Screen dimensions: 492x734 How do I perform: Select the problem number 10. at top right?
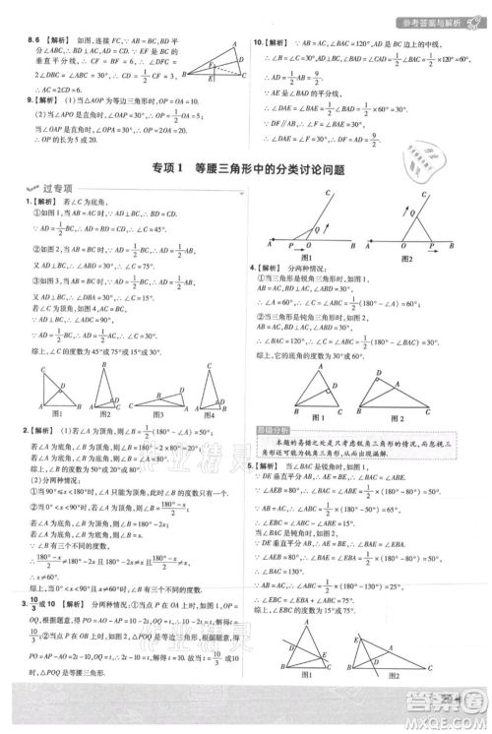[x=259, y=44]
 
